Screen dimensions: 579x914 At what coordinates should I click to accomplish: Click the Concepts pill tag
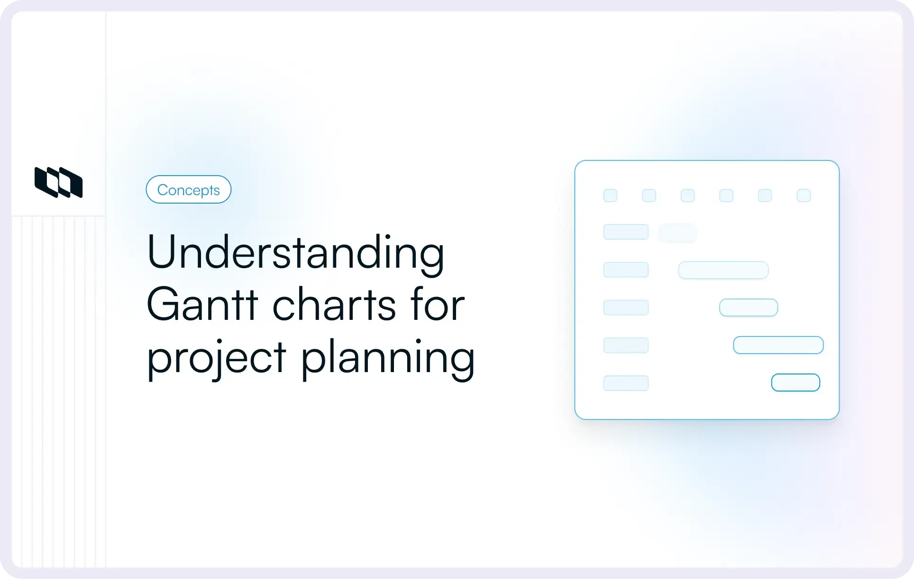click(x=188, y=189)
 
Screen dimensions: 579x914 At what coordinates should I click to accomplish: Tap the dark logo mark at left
click(x=58, y=182)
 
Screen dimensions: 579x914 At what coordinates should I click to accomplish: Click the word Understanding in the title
click(x=295, y=252)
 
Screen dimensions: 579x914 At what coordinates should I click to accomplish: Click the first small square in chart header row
click(x=610, y=196)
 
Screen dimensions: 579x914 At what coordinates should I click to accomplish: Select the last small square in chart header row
click(x=804, y=196)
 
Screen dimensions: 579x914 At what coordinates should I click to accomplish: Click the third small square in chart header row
click(x=687, y=196)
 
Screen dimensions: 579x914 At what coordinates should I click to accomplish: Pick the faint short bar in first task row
click(x=677, y=233)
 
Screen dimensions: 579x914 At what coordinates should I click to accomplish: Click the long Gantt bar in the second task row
click(x=723, y=270)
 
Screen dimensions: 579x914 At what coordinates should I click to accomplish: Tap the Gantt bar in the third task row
click(x=748, y=308)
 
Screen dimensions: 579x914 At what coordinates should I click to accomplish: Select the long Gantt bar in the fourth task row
click(x=778, y=345)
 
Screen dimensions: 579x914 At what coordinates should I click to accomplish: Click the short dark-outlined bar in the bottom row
click(x=795, y=383)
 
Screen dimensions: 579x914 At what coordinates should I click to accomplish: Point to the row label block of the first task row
click(x=626, y=232)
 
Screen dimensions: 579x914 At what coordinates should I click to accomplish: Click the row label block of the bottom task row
click(x=626, y=383)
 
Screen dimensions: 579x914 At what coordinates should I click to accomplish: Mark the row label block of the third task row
click(x=626, y=308)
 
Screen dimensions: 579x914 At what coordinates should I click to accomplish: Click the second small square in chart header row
click(x=649, y=196)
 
